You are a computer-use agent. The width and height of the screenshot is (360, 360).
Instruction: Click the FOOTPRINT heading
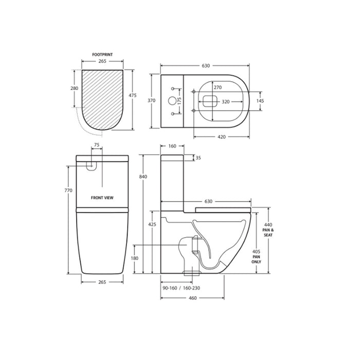pyautogui.click(x=102, y=55)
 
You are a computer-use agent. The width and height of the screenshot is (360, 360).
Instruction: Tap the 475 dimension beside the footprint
pyautogui.click(x=133, y=95)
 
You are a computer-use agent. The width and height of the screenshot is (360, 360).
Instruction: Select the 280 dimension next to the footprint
pyautogui.click(x=75, y=88)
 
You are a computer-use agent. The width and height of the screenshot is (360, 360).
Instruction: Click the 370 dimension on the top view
pyautogui.click(x=152, y=100)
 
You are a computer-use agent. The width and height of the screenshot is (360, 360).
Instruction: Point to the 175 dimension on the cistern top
pyautogui.click(x=179, y=101)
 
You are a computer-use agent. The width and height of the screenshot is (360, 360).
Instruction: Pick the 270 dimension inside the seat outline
pyautogui.click(x=218, y=87)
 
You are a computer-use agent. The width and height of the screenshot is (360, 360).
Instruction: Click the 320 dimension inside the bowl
pyautogui.click(x=226, y=102)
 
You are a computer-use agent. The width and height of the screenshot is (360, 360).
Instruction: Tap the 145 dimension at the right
pyautogui.click(x=260, y=101)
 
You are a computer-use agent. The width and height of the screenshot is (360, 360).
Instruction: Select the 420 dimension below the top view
pyautogui.click(x=222, y=137)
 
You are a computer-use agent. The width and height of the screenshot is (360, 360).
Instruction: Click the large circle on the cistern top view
pyautogui.click(x=172, y=100)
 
